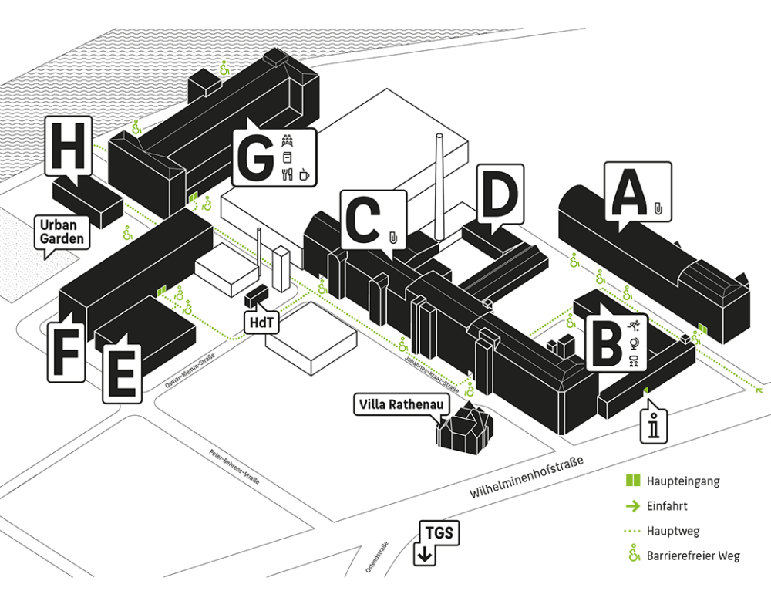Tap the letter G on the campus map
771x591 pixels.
[255, 159]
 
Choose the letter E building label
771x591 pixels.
[123, 373]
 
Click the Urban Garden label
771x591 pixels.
[63, 231]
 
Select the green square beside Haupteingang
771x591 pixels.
[633, 481]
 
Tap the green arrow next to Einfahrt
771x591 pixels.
[633, 506]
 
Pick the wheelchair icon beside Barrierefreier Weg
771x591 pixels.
[634, 554]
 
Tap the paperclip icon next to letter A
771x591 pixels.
[658, 208]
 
